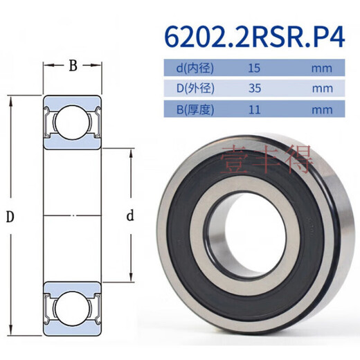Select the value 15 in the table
(254, 69)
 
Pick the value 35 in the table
(254, 89)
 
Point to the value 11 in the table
(254, 109)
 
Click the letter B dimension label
(72, 66)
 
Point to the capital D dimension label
(10, 217)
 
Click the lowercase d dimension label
(130, 217)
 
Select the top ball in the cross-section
(72, 121)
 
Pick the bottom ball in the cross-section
(72, 309)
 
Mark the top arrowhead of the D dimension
(12, 97)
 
